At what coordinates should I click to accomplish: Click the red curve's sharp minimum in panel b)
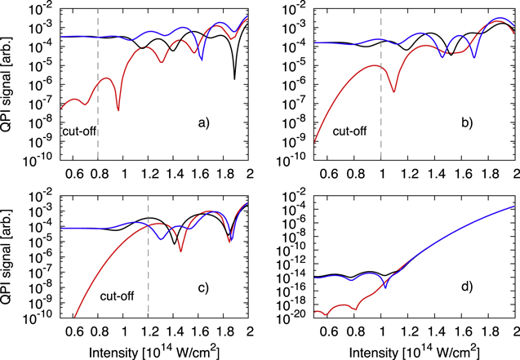tap(393, 91)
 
